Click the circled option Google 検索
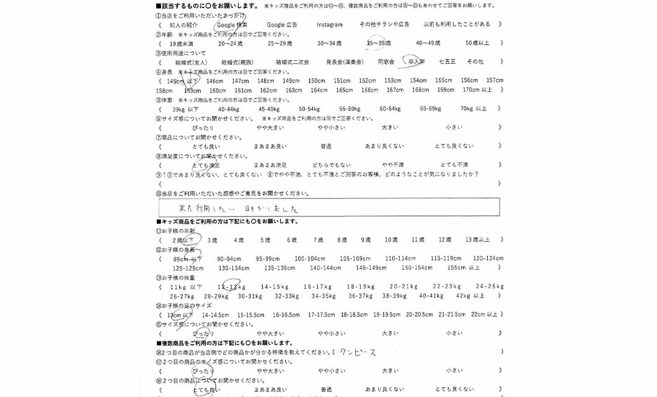point(232,25)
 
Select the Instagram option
point(329,25)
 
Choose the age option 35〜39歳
point(378,43)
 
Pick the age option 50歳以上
point(477,43)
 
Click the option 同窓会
point(386,62)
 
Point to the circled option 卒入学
point(413,62)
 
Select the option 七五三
point(447,62)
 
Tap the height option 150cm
point(317,81)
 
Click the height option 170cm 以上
point(477,90)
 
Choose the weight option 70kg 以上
point(474,109)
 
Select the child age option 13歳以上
point(477,239)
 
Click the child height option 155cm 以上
point(463,268)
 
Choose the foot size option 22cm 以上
point(484,314)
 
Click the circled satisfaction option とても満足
point(206,165)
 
